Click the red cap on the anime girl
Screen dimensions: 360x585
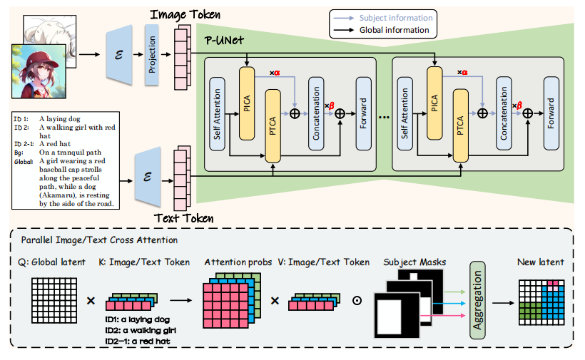(37, 53)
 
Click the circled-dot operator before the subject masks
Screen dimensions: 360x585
(357, 301)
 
